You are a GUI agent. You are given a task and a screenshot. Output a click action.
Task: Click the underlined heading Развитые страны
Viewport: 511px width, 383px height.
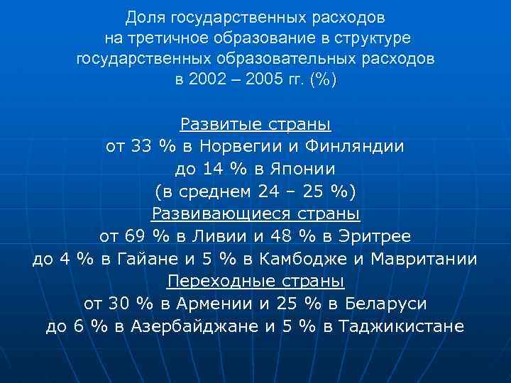[x=255, y=126]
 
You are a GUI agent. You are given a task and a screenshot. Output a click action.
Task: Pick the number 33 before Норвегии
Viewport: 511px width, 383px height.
[x=143, y=148]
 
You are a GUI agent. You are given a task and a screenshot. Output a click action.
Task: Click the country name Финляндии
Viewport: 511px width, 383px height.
[x=359, y=148]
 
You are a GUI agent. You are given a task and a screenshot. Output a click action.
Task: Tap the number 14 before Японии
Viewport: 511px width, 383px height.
[x=214, y=170]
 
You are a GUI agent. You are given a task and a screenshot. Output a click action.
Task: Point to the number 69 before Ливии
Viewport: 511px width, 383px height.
[x=134, y=235]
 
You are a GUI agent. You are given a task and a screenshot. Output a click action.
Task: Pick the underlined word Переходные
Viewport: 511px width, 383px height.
[x=212, y=281]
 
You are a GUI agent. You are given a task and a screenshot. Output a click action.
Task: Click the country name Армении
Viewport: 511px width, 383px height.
[x=211, y=304]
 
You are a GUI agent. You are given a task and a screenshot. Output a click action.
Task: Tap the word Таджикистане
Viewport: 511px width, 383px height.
[x=402, y=326]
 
